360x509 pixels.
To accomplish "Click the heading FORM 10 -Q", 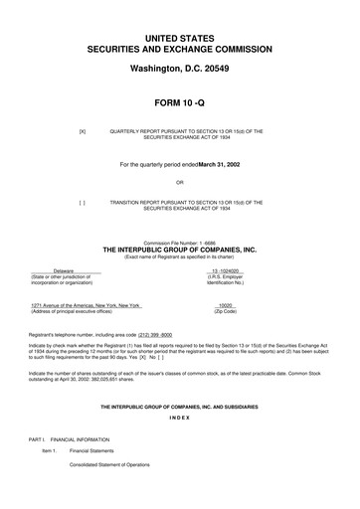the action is tap(179, 102).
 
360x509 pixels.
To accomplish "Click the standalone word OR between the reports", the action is tap(179, 182).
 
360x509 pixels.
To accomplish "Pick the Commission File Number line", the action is tap(179, 243).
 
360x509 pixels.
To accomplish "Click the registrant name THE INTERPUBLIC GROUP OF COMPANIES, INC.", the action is tap(179, 251).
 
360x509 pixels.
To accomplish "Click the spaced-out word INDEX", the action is tap(179, 419).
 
